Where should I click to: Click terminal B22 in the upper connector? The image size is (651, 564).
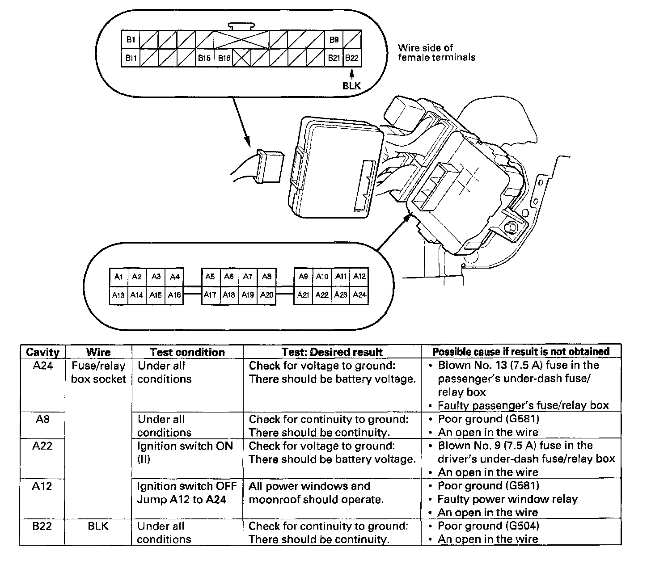click(x=352, y=58)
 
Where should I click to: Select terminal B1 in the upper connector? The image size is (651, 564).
click(x=131, y=40)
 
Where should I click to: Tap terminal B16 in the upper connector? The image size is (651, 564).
click(x=224, y=58)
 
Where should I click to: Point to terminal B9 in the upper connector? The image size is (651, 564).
click(x=334, y=40)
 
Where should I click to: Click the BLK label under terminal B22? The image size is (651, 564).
click(x=351, y=86)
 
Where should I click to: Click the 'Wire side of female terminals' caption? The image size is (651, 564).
click(x=436, y=52)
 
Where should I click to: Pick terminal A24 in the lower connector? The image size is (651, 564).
click(x=359, y=295)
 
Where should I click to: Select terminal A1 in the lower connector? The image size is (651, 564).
click(x=118, y=277)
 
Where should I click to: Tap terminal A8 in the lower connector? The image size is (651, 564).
click(x=266, y=277)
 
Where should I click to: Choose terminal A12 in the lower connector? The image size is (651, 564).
click(x=359, y=277)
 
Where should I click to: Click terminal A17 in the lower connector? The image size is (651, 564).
click(x=210, y=295)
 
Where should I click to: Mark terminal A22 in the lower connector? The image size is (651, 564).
click(x=321, y=295)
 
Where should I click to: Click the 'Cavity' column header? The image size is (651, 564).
click(x=42, y=352)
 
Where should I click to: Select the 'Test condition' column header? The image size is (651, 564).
click(x=187, y=352)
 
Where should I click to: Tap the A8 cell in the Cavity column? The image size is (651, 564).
click(x=42, y=419)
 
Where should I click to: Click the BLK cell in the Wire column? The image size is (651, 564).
click(x=98, y=526)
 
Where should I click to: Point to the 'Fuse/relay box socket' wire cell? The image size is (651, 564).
click(x=98, y=372)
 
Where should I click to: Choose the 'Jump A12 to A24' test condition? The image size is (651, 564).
click(x=182, y=500)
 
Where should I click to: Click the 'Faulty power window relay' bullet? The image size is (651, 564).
click(x=507, y=499)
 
